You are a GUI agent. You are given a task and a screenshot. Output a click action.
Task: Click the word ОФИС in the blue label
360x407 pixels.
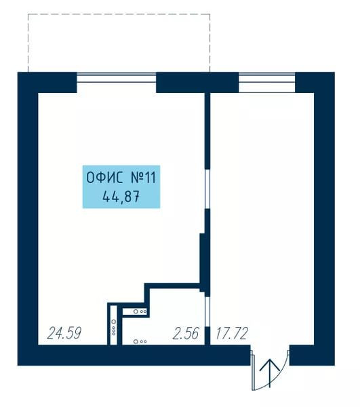[104, 178]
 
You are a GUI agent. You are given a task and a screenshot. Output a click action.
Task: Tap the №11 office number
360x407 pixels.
[142, 178]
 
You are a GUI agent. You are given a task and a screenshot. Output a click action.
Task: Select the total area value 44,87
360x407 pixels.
[121, 197]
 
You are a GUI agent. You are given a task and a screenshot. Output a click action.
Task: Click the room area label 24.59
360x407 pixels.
[64, 333]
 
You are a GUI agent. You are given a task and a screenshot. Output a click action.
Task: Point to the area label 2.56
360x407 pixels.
[186, 333]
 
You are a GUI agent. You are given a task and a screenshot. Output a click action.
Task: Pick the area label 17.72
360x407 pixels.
[232, 333]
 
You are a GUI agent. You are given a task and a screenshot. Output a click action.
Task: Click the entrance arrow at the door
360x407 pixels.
[270, 372]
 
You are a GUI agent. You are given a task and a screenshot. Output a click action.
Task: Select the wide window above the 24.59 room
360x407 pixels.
[117, 77]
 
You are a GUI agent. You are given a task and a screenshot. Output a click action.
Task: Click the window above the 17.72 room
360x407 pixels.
[266, 77]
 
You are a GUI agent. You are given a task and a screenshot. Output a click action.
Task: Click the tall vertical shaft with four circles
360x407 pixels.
[114, 326]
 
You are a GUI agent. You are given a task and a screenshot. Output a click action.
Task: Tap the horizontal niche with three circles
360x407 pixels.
[135, 311]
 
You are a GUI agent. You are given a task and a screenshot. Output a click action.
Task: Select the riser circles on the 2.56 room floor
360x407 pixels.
[140, 342]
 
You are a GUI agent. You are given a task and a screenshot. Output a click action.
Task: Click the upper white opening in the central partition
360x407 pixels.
[207, 189]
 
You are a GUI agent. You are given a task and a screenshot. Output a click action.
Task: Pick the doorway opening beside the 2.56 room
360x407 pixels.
[207, 311]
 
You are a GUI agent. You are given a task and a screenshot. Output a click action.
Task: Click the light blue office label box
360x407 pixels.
[121, 187]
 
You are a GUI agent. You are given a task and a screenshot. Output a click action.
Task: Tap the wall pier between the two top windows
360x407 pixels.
[197, 82]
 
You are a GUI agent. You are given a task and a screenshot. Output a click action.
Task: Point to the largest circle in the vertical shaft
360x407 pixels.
[114, 322]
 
